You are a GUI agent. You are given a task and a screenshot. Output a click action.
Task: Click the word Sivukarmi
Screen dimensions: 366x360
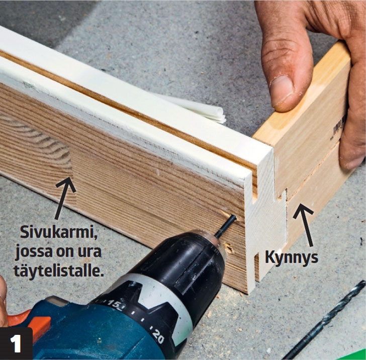coord(59,232)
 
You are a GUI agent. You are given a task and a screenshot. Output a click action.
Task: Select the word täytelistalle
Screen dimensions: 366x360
coord(59,271)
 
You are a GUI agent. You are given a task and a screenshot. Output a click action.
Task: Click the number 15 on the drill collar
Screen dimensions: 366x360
coord(114,304)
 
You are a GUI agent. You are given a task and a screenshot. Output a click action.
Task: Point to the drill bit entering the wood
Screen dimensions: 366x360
coord(225,226)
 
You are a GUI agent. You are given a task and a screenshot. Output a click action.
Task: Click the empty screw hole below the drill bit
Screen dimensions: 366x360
coord(228,248)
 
